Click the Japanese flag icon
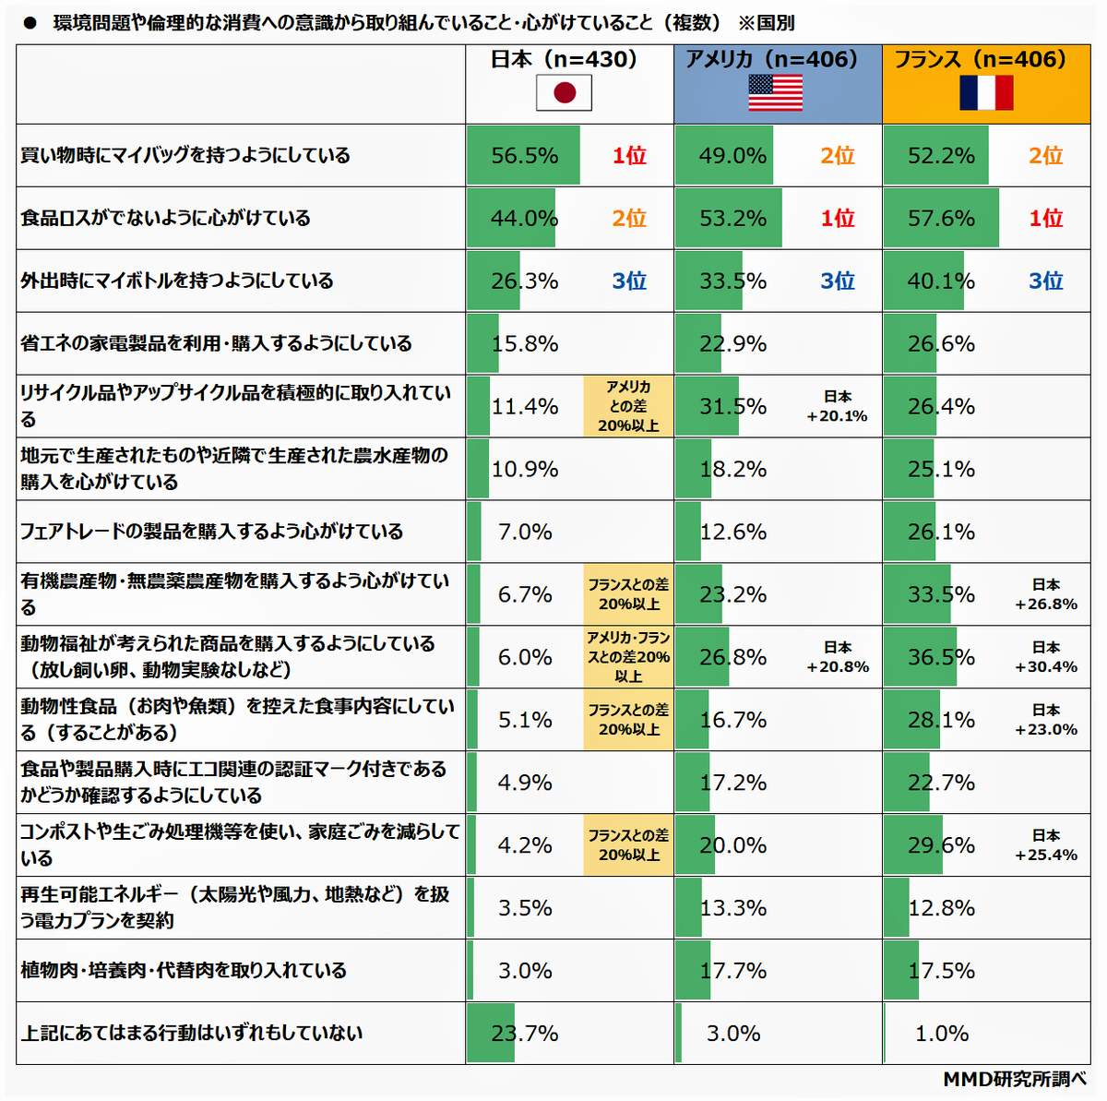point(564,93)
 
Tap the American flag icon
point(775,93)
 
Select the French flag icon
point(986,93)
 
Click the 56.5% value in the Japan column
point(524,156)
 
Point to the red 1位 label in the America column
point(838,219)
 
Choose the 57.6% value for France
point(941,219)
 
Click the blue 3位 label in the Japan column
point(629,281)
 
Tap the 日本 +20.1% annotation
point(837,406)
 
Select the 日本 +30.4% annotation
point(1046,657)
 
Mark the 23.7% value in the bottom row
point(524,1034)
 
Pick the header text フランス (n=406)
point(980,60)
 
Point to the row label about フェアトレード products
point(212,532)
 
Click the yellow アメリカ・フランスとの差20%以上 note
point(628,657)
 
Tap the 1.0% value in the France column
point(941,1034)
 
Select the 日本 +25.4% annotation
point(1046,845)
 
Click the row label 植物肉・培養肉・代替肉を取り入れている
point(184,971)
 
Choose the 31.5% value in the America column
point(732,407)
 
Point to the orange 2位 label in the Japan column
point(629,219)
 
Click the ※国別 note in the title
point(766,23)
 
